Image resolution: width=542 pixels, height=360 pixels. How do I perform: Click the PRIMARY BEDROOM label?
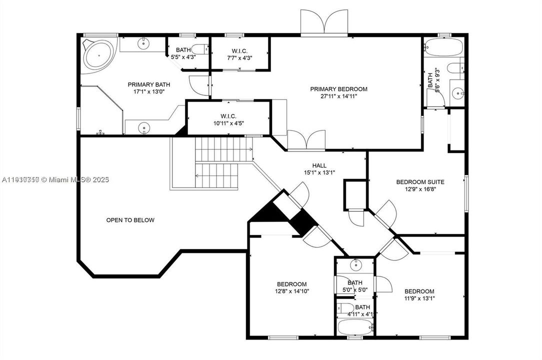pos(338,89)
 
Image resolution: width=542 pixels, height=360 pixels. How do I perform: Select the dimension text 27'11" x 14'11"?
pos(338,96)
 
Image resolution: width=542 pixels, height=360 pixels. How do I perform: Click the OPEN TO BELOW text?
pos(130,220)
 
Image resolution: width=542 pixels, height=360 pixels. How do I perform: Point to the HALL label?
pos(319,165)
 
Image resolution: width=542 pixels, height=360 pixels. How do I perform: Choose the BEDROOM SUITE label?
pos(420,182)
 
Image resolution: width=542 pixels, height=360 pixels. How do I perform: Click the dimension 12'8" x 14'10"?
pos(291,291)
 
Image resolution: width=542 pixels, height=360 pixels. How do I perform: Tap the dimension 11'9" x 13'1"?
pos(419,298)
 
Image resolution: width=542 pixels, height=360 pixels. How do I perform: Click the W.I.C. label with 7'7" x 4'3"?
pos(239,50)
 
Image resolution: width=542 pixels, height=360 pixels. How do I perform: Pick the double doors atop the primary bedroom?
pos(325,22)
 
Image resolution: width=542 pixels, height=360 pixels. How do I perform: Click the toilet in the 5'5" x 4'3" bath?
pos(201,49)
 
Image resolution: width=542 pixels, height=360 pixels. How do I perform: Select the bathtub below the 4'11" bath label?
pos(355,327)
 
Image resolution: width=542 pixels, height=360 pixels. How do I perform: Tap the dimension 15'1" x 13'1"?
pos(319,172)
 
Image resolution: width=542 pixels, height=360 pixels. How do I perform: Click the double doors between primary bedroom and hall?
pos(306,139)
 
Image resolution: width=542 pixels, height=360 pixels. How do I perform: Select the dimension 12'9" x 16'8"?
pos(420,189)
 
